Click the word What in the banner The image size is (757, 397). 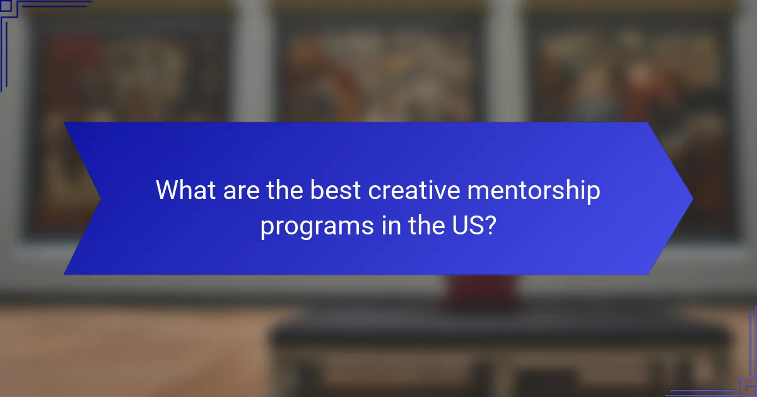[187, 190]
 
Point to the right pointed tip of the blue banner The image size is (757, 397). [691, 199]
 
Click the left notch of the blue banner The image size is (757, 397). [98, 199]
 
